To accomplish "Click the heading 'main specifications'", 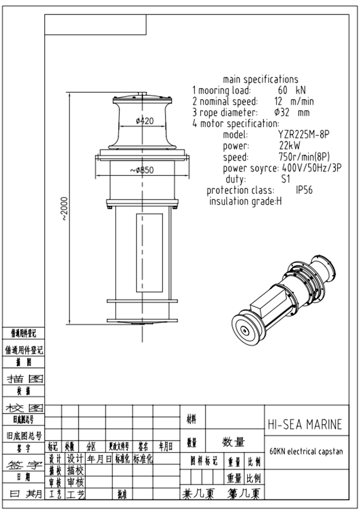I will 260,79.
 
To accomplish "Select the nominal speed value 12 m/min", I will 294,101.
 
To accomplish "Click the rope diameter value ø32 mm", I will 292,112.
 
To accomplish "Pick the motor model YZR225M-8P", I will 305,134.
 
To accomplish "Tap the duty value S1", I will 286,179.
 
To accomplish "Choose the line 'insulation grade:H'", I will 245,201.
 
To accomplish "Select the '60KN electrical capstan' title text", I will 306,451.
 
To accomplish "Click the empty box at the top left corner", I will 95,25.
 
